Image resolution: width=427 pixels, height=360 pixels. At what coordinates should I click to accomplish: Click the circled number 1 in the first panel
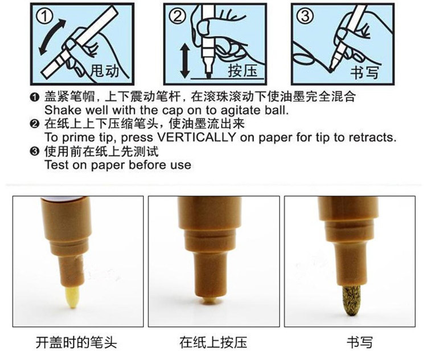point(47,15)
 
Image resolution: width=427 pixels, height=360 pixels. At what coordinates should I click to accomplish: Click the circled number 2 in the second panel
point(177,15)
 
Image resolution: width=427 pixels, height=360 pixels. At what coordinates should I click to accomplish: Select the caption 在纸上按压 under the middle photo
point(213,342)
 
